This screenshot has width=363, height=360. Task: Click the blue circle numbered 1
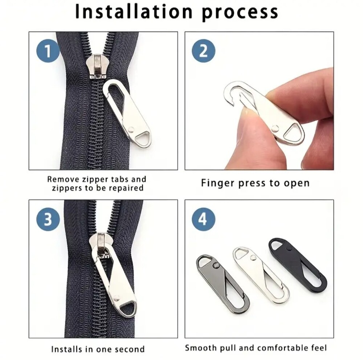(48, 51)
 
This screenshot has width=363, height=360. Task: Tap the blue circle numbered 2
(204, 51)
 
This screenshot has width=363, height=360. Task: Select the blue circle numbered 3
(48, 219)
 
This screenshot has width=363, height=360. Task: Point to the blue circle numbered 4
(204, 219)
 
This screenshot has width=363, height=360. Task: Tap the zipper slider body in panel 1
(95, 66)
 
